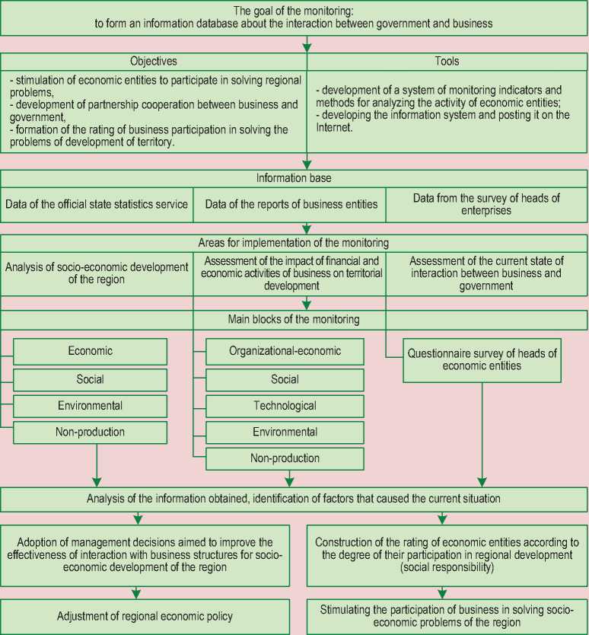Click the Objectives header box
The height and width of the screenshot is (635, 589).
(x=153, y=61)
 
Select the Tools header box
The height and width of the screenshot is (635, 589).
(x=447, y=61)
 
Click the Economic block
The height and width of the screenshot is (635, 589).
(x=91, y=351)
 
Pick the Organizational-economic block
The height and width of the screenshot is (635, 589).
(x=285, y=351)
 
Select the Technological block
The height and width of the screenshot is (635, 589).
(x=285, y=406)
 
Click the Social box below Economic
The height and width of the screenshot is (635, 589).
(x=91, y=378)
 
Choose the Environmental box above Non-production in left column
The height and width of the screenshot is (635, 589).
(x=91, y=405)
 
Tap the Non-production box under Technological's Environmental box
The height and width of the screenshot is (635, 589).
(x=285, y=458)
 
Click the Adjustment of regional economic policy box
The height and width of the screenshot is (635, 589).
(x=145, y=616)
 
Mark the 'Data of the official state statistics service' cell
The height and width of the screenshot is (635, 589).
(x=97, y=203)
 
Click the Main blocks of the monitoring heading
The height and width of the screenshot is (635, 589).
(x=294, y=319)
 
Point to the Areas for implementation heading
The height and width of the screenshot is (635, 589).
(x=294, y=244)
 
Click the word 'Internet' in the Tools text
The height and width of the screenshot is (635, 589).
(x=335, y=129)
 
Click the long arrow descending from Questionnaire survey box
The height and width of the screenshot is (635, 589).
(x=482, y=434)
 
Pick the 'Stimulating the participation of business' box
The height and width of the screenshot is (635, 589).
(x=444, y=616)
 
